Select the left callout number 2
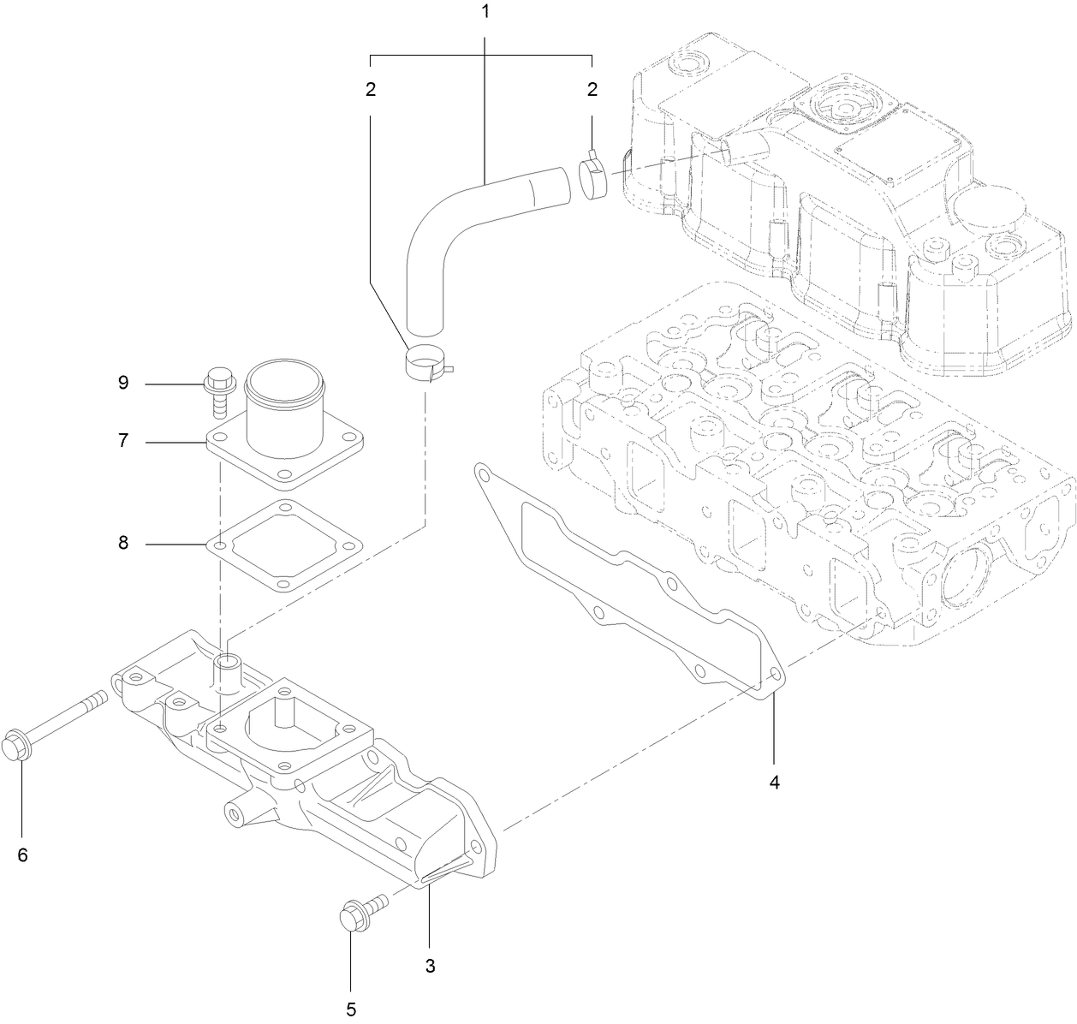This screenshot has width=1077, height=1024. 371,88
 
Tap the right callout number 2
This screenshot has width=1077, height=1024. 592,88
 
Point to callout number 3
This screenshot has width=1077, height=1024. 430,966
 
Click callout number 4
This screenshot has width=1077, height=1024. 774,782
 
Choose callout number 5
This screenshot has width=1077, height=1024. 350,1009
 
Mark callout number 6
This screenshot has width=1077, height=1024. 22,854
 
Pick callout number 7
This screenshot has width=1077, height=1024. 123,441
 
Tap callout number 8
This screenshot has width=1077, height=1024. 123,543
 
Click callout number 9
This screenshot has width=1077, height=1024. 123,382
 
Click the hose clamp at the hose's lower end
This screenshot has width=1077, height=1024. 425,364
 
